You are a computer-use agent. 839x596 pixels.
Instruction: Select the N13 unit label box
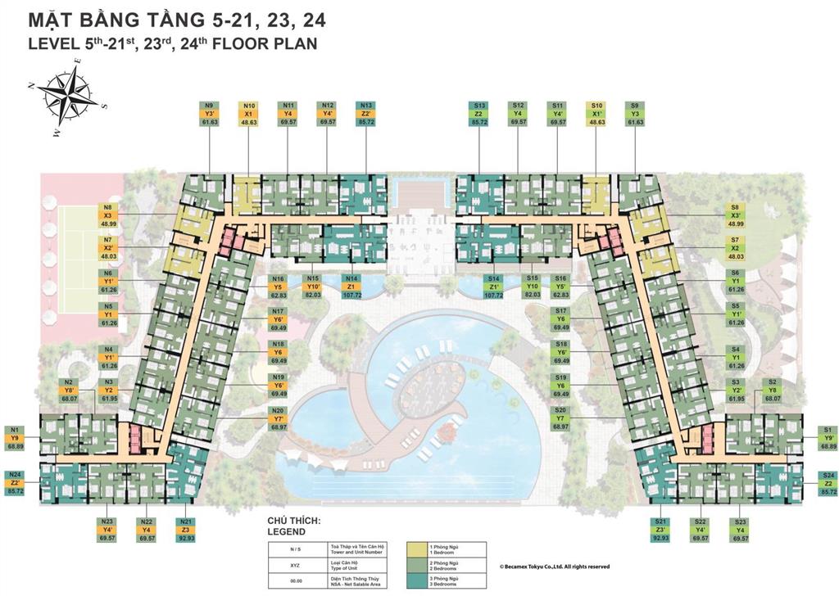pos(366,114)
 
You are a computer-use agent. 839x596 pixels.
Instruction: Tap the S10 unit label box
pos(596,114)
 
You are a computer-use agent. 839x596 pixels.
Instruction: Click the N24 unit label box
pos(16,483)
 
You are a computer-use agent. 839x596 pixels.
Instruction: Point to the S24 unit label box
pos(828,483)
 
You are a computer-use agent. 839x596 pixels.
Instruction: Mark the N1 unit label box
pos(16,438)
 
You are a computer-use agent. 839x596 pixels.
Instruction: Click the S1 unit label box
pos(828,438)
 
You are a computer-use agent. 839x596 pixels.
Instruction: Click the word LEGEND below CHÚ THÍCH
pos(286,531)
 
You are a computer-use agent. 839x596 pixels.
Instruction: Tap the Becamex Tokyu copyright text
pos(554,566)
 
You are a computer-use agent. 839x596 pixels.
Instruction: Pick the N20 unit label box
pos(279,418)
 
